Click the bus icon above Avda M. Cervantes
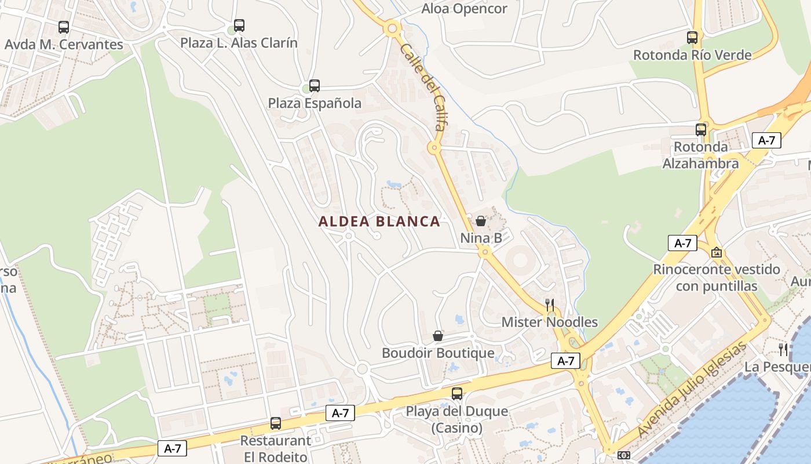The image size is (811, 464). pyautogui.click(x=64, y=27)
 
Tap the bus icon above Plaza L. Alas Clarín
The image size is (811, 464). pyautogui.click(x=239, y=26)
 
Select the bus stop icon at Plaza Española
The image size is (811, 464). pyautogui.click(x=314, y=86)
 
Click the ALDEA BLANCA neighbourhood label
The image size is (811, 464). pyautogui.click(x=379, y=222)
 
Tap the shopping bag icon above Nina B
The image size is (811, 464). pyautogui.click(x=481, y=221)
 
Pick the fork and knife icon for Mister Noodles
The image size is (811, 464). pyautogui.click(x=549, y=304)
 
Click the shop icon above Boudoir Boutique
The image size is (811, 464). pyautogui.click(x=438, y=336)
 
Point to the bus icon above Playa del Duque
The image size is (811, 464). pyautogui.click(x=457, y=394)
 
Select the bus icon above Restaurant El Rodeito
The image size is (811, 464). pyautogui.click(x=276, y=423)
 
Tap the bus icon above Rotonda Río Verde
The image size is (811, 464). pyautogui.click(x=692, y=38)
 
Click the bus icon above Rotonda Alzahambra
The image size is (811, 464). pyautogui.click(x=701, y=129)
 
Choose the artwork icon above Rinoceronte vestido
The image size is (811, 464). pyautogui.click(x=717, y=252)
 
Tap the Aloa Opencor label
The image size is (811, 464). pyautogui.click(x=464, y=9)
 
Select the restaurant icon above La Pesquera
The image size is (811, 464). pyautogui.click(x=784, y=349)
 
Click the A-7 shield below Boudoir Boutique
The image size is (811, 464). pyautogui.click(x=565, y=361)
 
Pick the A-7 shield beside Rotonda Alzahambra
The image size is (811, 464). pyautogui.click(x=766, y=140)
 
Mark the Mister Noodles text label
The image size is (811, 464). pyautogui.click(x=549, y=322)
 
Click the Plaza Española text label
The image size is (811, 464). pyautogui.click(x=315, y=103)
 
